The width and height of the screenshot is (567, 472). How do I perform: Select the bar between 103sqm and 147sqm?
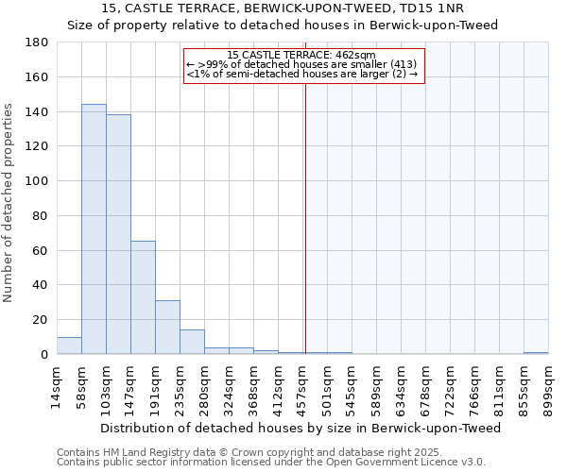pos(118,234)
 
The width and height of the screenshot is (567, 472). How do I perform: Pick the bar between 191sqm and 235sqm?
pos(167,327)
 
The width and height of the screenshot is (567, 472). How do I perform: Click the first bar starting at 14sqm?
pos(69,346)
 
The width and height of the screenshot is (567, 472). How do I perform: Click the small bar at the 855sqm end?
pos(536,353)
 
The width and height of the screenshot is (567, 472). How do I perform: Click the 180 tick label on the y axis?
pos(38,42)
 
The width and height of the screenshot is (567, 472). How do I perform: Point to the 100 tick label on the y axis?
pos(38,181)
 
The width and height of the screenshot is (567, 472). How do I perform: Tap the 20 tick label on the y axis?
pos(42,320)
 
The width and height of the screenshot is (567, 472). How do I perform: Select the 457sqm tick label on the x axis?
pos(301,387)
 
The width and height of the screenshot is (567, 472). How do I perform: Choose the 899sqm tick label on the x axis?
pos(548,387)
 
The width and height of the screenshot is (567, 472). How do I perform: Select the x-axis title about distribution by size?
pos(301,429)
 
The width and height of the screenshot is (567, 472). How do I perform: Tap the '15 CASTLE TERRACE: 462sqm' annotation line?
pos(301,55)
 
